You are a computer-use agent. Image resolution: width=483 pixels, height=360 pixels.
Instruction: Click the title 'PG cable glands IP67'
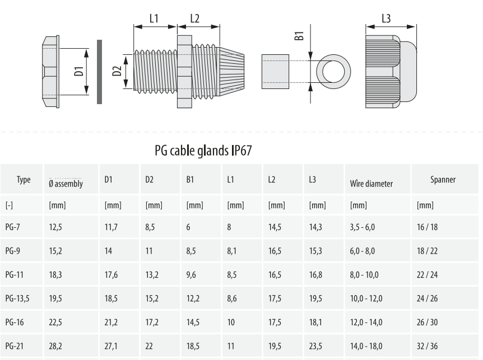[206, 151]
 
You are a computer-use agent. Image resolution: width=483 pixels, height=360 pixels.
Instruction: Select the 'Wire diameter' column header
[371, 183]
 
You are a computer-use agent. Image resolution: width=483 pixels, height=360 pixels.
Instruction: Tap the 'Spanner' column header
[443, 180]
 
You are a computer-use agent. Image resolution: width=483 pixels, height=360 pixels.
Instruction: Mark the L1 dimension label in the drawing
[154, 18]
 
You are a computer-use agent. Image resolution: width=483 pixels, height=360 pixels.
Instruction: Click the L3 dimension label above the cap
[386, 18]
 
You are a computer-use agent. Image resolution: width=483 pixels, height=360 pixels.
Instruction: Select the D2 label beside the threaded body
[117, 71]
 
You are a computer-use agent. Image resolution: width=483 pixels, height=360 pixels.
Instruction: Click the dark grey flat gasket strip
[99, 72]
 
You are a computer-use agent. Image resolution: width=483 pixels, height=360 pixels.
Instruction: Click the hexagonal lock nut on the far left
[50, 72]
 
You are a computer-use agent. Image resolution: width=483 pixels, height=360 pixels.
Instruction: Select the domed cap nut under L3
[391, 72]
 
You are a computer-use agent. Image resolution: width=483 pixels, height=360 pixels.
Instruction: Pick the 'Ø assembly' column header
[66, 183]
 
